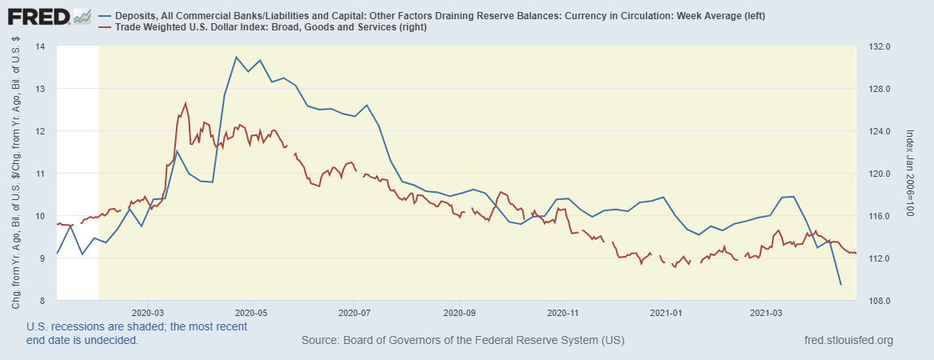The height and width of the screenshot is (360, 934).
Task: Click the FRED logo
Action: tap(40, 16)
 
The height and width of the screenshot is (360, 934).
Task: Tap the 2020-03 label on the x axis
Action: tap(147, 311)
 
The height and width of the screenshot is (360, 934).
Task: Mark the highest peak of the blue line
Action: tap(236, 57)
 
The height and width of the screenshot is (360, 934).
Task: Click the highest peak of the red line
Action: tap(186, 102)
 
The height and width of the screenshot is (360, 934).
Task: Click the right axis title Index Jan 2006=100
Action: tap(911, 174)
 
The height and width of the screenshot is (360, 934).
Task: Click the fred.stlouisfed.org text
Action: tap(847, 341)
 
